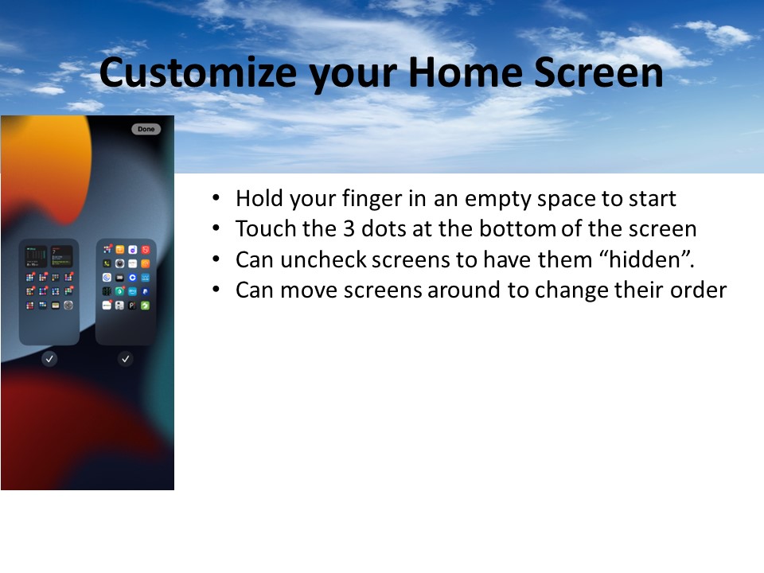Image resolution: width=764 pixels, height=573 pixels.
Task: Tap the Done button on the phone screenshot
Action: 146,129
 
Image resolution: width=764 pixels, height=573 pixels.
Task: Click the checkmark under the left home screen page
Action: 49,359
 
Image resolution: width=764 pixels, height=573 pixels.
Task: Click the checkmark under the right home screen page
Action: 125,359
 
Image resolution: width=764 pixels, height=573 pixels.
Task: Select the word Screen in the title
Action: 598,72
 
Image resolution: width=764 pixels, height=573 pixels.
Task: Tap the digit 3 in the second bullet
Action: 349,228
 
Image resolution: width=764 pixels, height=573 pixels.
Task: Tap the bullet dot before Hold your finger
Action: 216,198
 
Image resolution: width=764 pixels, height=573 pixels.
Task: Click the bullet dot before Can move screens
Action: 216,290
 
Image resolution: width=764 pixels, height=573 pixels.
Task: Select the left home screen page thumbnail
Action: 49,292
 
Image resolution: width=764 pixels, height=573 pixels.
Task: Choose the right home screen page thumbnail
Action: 126,292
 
